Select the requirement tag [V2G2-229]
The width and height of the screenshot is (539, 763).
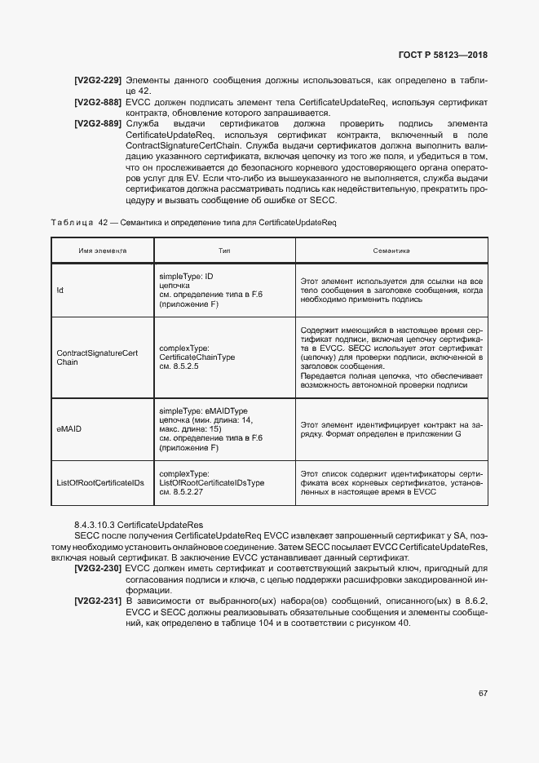[97, 81]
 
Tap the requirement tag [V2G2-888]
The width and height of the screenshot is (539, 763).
[97, 103]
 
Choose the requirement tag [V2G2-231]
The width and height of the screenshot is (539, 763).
[97, 601]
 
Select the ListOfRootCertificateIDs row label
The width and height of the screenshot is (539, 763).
[99, 483]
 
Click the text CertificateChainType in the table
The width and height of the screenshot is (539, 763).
[197, 357]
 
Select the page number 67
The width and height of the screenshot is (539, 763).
[482, 693]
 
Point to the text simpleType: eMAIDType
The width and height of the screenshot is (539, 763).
[203, 410]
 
